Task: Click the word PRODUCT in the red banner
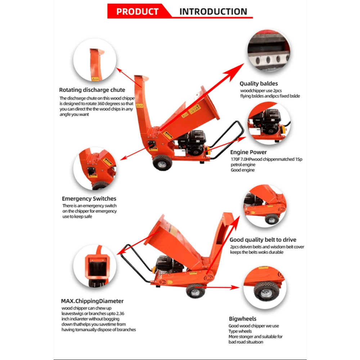(137, 12)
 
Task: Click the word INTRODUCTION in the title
(213, 12)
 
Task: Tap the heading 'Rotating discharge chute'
(92, 90)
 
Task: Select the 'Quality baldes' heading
(259, 84)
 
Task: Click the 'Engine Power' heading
(248, 152)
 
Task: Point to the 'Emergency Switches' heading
(89, 198)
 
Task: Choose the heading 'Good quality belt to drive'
(263, 240)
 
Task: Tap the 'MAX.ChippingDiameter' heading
(93, 301)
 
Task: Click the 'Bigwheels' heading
(243, 319)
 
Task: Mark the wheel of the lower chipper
(195, 290)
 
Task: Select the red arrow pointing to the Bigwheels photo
(223, 288)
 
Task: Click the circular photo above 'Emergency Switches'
(95, 168)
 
